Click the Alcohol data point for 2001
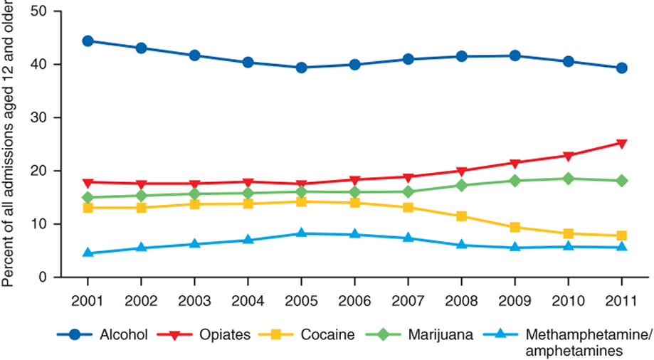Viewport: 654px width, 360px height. pos(88,41)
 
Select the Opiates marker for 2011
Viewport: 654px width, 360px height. pos(621,144)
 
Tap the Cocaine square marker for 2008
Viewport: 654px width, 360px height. pos(461,216)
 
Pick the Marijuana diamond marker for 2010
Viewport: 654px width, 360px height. pos(568,179)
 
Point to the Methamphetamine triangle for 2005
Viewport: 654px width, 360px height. pos(301,233)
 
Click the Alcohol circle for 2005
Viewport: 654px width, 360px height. pos(301,68)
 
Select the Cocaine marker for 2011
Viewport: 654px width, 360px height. pos(621,235)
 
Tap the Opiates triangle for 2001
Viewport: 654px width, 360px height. pos(88,183)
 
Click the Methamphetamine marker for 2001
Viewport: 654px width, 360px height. pos(88,253)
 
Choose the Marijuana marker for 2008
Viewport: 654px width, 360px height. pos(461,185)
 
